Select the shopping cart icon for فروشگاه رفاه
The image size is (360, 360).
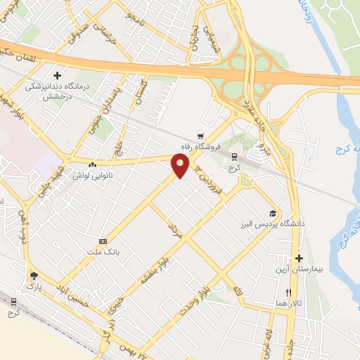click(201, 136)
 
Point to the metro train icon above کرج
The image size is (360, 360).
click(234, 157)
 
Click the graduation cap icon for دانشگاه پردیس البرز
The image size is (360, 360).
click(273, 214)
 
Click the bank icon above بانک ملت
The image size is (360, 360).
click(103, 240)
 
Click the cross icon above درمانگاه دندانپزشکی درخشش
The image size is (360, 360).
click(57, 74)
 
